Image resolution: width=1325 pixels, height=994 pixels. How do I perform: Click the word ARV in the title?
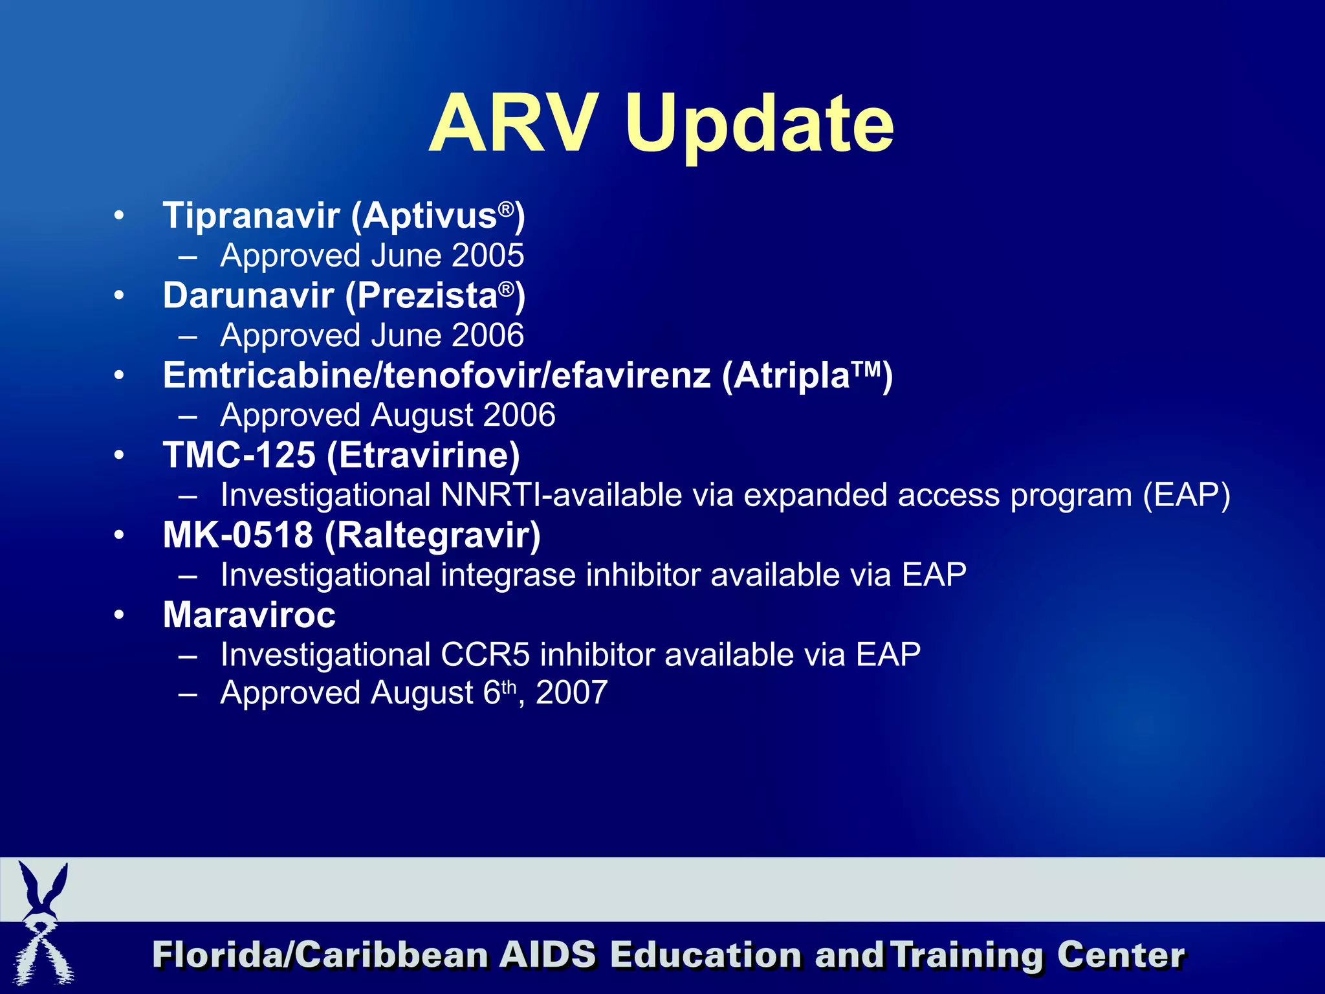[511, 124]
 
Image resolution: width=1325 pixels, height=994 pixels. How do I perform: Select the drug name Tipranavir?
[251, 215]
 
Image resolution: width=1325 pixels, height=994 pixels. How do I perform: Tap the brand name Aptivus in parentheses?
[430, 215]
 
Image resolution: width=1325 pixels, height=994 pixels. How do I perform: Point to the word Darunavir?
[248, 296]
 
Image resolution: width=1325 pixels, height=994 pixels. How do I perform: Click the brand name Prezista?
[427, 296]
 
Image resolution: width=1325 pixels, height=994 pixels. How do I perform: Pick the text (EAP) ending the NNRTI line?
[1186, 495]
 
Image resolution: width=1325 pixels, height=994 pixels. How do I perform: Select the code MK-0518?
[238, 535]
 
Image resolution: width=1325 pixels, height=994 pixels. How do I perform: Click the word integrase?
[509, 575]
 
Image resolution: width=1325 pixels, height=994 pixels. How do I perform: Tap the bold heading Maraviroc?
[249, 615]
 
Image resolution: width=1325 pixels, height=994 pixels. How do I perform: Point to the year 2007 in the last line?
[572, 693]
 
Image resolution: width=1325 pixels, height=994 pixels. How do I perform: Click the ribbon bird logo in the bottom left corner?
[43, 923]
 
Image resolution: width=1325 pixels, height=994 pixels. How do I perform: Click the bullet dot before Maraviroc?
[118, 615]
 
